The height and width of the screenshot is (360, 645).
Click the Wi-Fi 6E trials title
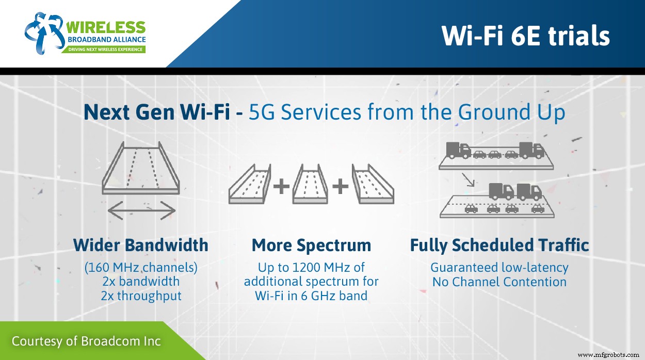[x=525, y=36]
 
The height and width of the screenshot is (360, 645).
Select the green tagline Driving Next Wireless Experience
[x=106, y=50]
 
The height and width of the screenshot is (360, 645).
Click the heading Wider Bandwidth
[x=140, y=245]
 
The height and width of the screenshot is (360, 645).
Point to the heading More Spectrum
[x=311, y=246]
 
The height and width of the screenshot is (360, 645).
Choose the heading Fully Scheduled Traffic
[x=499, y=246]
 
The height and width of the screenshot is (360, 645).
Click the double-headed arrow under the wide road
[x=141, y=210]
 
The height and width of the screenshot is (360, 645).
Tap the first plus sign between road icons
[x=281, y=186]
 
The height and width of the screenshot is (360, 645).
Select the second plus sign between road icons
[x=340, y=186]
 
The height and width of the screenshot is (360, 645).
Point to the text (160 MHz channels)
[x=140, y=268]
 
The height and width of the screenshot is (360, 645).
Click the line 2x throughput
[x=140, y=296]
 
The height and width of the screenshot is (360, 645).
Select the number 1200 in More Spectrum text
[x=292, y=268]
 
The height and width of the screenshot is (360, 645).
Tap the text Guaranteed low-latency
[x=499, y=268]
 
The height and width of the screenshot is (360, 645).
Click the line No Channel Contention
[x=499, y=282]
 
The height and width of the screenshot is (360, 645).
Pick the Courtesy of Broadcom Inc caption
[x=86, y=341]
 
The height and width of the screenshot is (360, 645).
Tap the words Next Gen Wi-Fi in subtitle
[x=157, y=113]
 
